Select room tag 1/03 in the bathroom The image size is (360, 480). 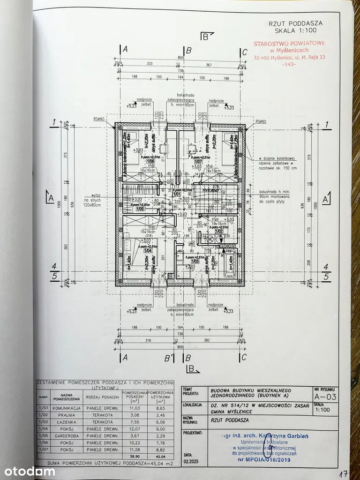pyautogui.click(x=188, y=261)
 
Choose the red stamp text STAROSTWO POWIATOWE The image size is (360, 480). pyautogui.click(x=289, y=44)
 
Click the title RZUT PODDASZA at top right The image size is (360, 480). pyautogui.click(x=295, y=23)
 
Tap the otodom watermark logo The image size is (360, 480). pyautogui.click(x=28, y=471)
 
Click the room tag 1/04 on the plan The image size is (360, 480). pyautogui.click(x=135, y=250)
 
